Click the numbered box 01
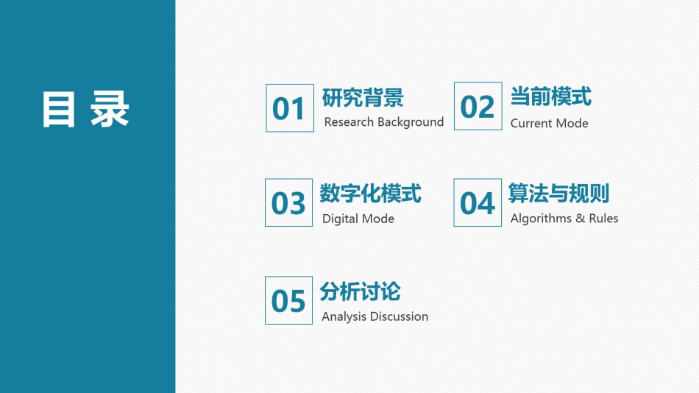click(290, 108)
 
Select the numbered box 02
click(478, 106)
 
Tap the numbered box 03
click(289, 202)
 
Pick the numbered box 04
click(478, 202)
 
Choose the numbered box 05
click(289, 300)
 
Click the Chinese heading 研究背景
click(363, 98)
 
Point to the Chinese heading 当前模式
click(551, 96)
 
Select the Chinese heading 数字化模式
click(370, 194)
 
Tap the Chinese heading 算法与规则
click(559, 193)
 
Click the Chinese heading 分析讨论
click(361, 291)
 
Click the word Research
click(349, 121)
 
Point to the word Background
click(411, 122)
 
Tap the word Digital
click(339, 219)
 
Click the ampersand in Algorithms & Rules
click(580, 218)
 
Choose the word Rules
click(603, 218)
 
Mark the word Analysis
click(344, 316)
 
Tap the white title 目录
click(85, 110)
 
